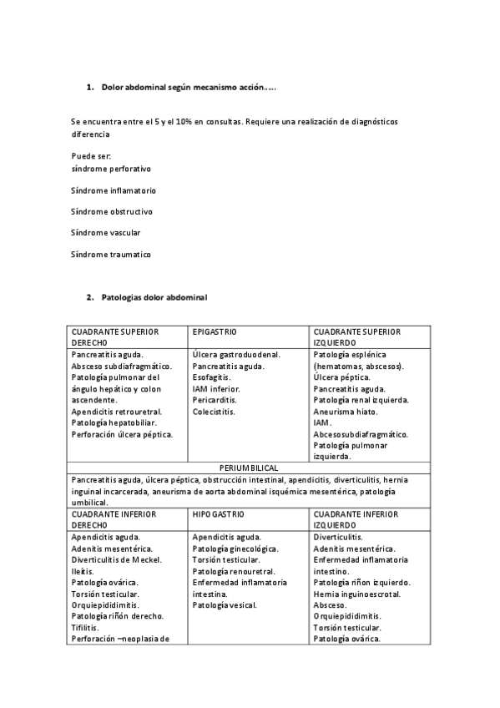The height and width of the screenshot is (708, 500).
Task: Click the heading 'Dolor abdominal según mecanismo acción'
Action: [188, 87]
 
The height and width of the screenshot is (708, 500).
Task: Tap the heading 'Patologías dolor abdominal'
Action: [154, 297]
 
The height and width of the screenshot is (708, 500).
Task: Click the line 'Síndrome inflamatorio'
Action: [114, 190]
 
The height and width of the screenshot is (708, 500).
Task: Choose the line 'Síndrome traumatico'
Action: [111, 255]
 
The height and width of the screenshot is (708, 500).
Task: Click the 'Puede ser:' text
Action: [92, 156]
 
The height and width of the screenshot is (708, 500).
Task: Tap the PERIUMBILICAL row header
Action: [249, 468]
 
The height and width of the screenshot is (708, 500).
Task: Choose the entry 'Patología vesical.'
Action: [225, 604]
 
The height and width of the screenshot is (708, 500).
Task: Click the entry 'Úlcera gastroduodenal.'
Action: [236, 355]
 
